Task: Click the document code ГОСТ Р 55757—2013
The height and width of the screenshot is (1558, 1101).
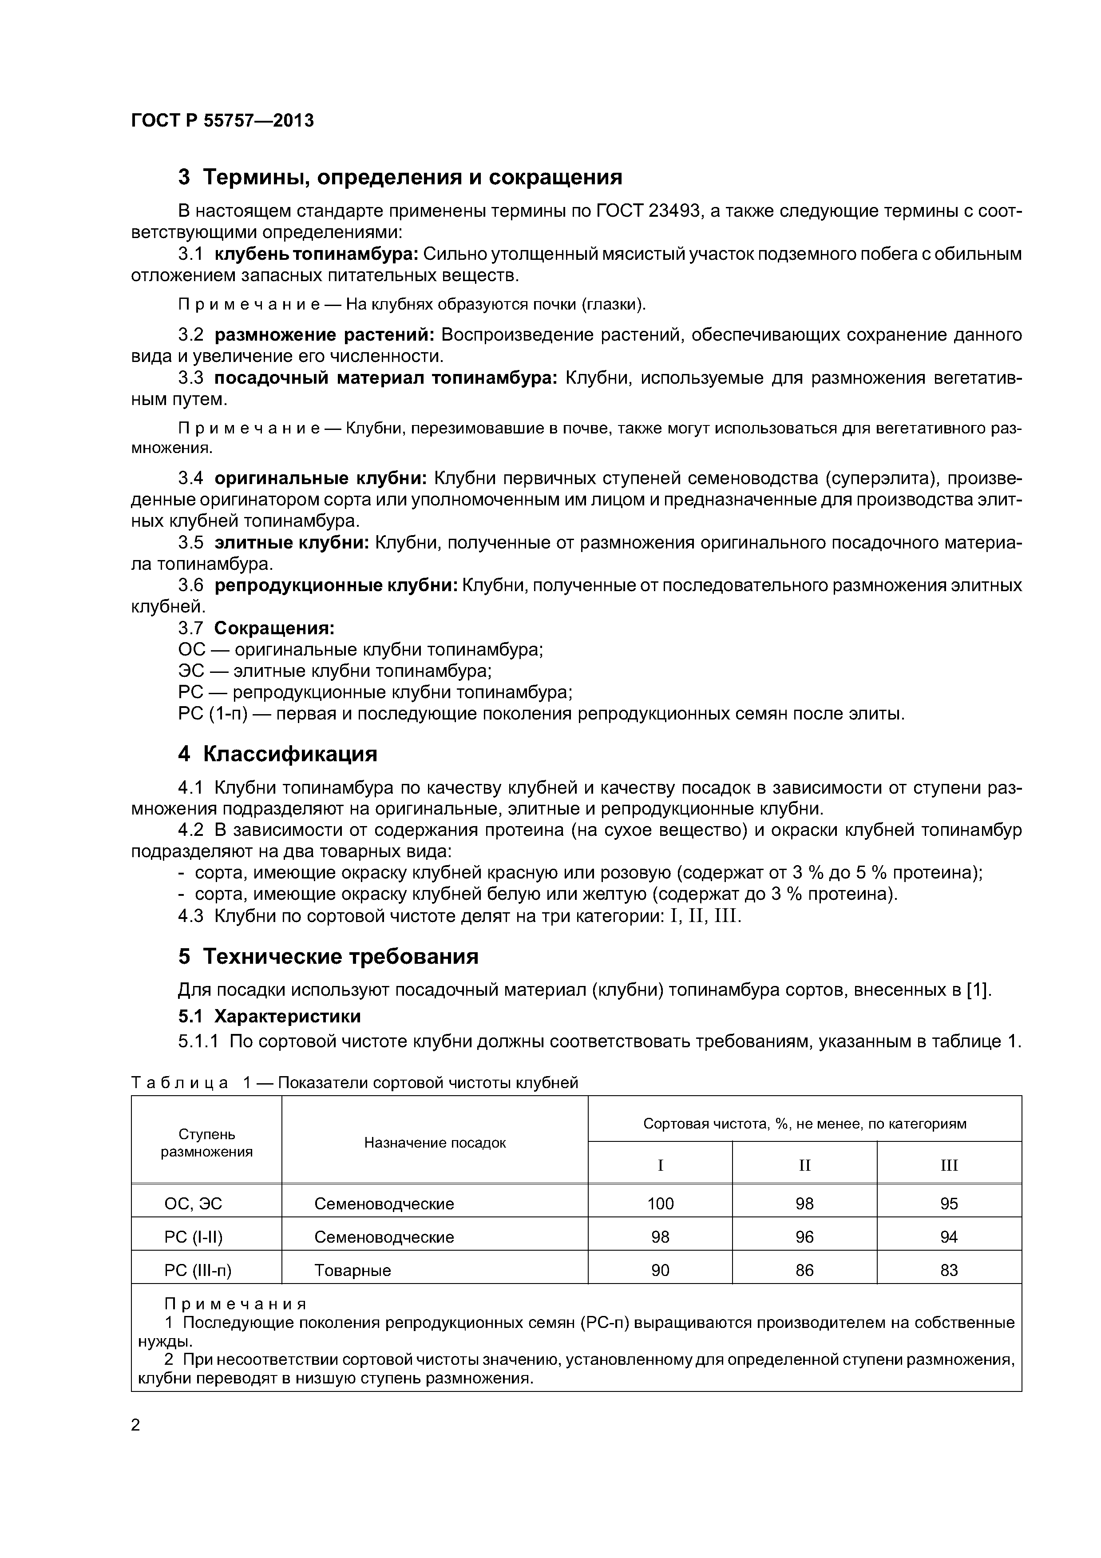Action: point(222,121)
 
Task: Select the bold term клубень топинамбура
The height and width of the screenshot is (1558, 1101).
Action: point(317,254)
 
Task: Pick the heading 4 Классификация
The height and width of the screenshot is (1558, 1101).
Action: point(277,754)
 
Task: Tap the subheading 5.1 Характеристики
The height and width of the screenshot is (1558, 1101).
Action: point(269,1016)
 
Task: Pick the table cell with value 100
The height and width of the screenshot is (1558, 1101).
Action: point(660,1204)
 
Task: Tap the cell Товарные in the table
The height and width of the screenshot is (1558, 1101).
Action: point(353,1270)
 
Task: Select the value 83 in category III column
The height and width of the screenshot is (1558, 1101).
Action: point(948,1270)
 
